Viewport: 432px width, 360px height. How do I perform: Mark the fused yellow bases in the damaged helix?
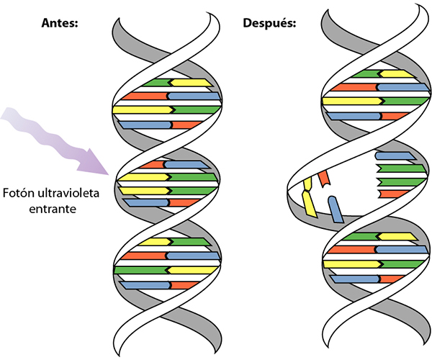pos(310,195)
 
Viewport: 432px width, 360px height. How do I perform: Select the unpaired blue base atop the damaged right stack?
pos(392,155)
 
